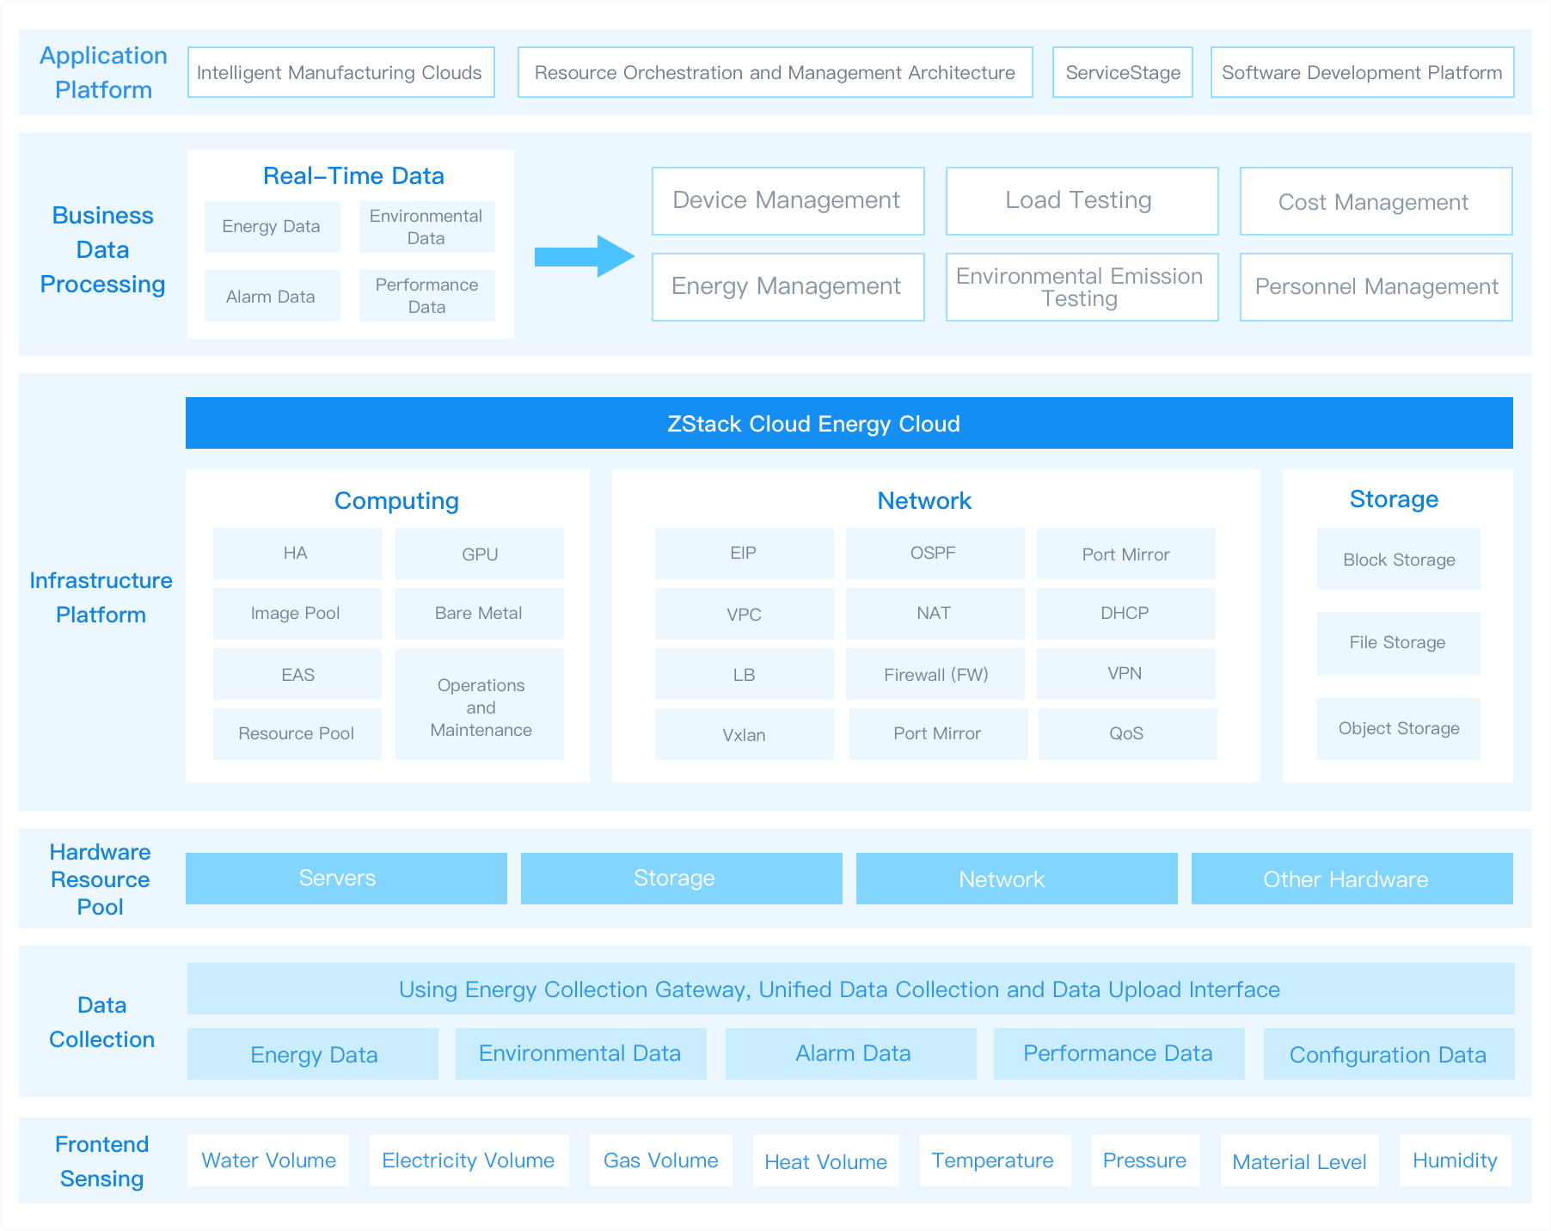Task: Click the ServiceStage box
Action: tap(1122, 72)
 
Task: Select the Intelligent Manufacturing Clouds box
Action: tap(340, 72)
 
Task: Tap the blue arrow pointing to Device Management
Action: tap(585, 256)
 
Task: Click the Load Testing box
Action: tap(1082, 201)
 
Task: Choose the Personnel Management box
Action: tap(1376, 287)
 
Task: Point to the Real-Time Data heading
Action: tap(353, 176)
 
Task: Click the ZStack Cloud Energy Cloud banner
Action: tap(849, 423)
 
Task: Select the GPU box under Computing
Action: tap(480, 554)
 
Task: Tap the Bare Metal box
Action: tap(480, 614)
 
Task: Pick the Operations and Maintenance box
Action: tap(480, 704)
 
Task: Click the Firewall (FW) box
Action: tap(935, 674)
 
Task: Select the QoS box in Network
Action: tap(1127, 734)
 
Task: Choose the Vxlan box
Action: tap(745, 734)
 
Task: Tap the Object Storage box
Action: tap(1399, 729)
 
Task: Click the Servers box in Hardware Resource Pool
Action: tap(346, 879)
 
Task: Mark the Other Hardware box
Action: tap(1352, 879)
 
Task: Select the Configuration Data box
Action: tap(1389, 1054)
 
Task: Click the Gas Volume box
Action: tap(661, 1161)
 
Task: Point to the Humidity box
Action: tap(1455, 1161)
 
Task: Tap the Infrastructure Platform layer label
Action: tap(101, 597)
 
